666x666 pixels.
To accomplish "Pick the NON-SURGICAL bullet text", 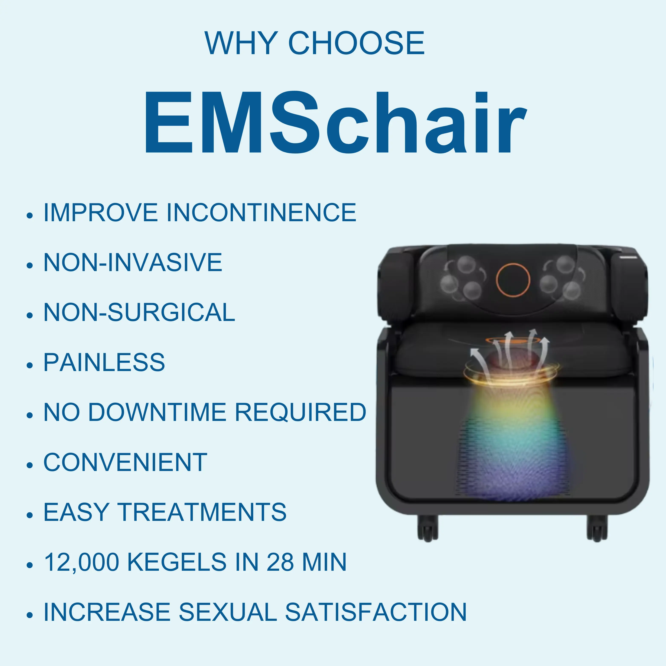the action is (139, 312).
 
